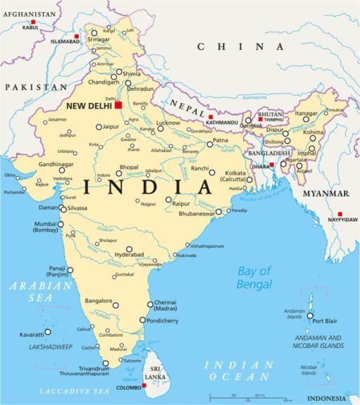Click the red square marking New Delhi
119,105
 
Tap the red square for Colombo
144,385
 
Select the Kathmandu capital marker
210,117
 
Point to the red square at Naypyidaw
340,214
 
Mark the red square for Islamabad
76,35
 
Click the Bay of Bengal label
254,278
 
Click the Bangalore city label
99,301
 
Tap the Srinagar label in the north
98,39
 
